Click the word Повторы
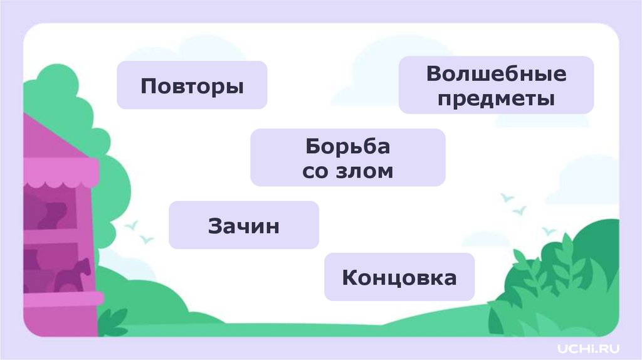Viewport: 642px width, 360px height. [x=192, y=86]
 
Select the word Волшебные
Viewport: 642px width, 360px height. [x=496, y=74]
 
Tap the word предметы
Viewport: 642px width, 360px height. [x=496, y=98]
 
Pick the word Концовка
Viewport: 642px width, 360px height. [x=399, y=277]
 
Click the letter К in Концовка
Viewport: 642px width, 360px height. [x=350, y=277]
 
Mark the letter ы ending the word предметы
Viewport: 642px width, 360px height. [x=548, y=99]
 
